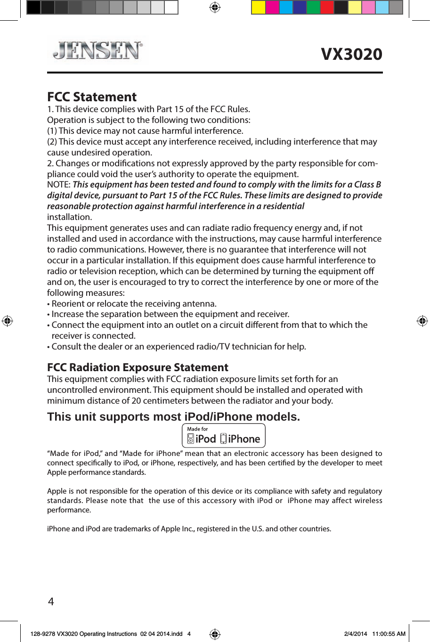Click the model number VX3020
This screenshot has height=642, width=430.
(351, 54)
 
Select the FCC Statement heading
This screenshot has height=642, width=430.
(92, 97)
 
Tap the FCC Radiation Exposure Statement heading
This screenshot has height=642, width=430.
(138, 367)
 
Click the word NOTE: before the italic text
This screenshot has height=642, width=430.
(59, 185)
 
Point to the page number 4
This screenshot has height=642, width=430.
(51, 601)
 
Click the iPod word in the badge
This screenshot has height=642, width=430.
(205, 439)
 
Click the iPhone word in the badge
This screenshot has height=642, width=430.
(244, 439)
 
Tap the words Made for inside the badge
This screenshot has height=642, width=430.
(197, 429)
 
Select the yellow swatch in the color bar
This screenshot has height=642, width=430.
(259, 8)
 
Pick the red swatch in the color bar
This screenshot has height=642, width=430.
(327, 8)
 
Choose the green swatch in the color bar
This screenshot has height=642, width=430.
(313, 8)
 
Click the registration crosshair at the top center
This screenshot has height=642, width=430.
(215, 8)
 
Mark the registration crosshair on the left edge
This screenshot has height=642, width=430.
(7, 321)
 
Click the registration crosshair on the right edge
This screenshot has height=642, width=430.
(422, 321)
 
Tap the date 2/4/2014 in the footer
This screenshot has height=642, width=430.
(356, 634)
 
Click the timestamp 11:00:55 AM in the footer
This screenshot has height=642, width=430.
(389, 634)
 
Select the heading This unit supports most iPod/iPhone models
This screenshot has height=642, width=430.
(173, 417)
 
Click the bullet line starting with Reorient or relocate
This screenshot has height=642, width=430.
(134, 304)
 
